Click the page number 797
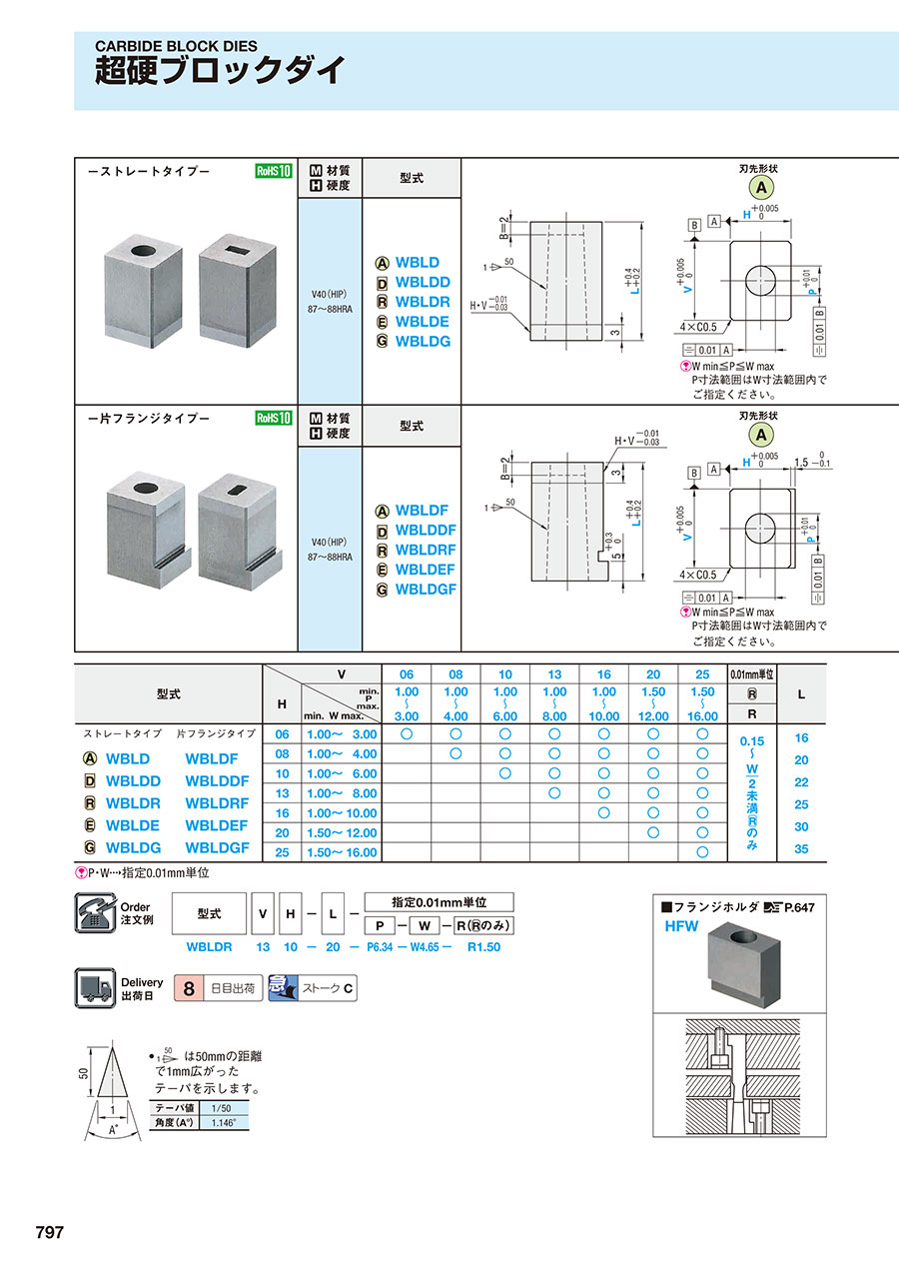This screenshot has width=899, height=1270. pyautogui.click(x=50, y=1233)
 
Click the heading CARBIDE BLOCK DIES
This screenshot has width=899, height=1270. pyautogui.click(x=176, y=46)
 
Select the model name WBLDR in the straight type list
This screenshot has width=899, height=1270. pyautogui.click(x=423, y=302)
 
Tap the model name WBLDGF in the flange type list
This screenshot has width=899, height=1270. pyautogui.click(x=426, y=590)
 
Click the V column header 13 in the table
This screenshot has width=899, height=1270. pyautogui.click(x=554, y=674)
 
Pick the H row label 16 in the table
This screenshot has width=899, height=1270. pyautogui.click(x=282, y=813)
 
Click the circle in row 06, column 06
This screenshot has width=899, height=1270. pyautogui.click(x=407, y=734)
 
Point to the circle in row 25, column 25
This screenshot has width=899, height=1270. pyautogui.click(x=702, y=852)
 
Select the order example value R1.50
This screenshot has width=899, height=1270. pyautogui.click(x=483, y=946)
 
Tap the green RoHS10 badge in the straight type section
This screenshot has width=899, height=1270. pyautogui.click(x=273, y=171)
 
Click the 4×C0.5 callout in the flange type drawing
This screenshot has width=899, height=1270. pyautogui.click(x=697, y=575)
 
